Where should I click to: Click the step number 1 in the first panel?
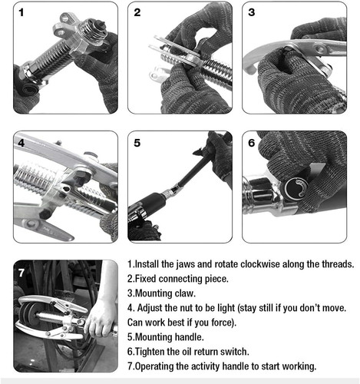(21, 12)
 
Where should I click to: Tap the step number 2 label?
(137, 12)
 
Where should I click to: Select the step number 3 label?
(252, 12)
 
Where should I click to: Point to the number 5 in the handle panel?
(137, 143)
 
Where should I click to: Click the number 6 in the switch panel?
(252, 143)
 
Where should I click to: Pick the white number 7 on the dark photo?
(21, 273)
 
